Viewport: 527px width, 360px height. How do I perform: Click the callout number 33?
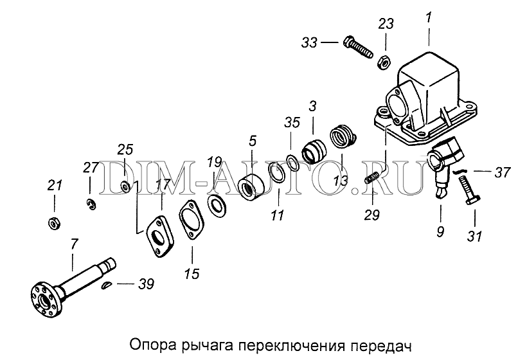click(309, 42)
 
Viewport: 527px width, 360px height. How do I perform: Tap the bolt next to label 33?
click(358, 48)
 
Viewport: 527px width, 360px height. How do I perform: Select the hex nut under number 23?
click(384, 62)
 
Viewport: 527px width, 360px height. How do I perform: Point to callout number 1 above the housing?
click(428, 18)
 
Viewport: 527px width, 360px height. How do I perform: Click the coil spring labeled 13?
click(343, 136)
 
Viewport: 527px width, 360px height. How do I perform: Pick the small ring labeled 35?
click(292, 163)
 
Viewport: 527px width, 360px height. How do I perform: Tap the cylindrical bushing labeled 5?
click(251, 188)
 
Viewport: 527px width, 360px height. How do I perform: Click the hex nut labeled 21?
click(54, 223)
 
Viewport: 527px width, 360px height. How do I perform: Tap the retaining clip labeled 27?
click(91, 204)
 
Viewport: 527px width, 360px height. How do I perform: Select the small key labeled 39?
click(106, 285)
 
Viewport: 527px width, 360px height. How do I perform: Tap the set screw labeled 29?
click(372, 177)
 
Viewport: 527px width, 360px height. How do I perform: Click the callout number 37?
click(503, 172)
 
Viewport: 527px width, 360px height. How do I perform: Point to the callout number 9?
click(440, 231)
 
